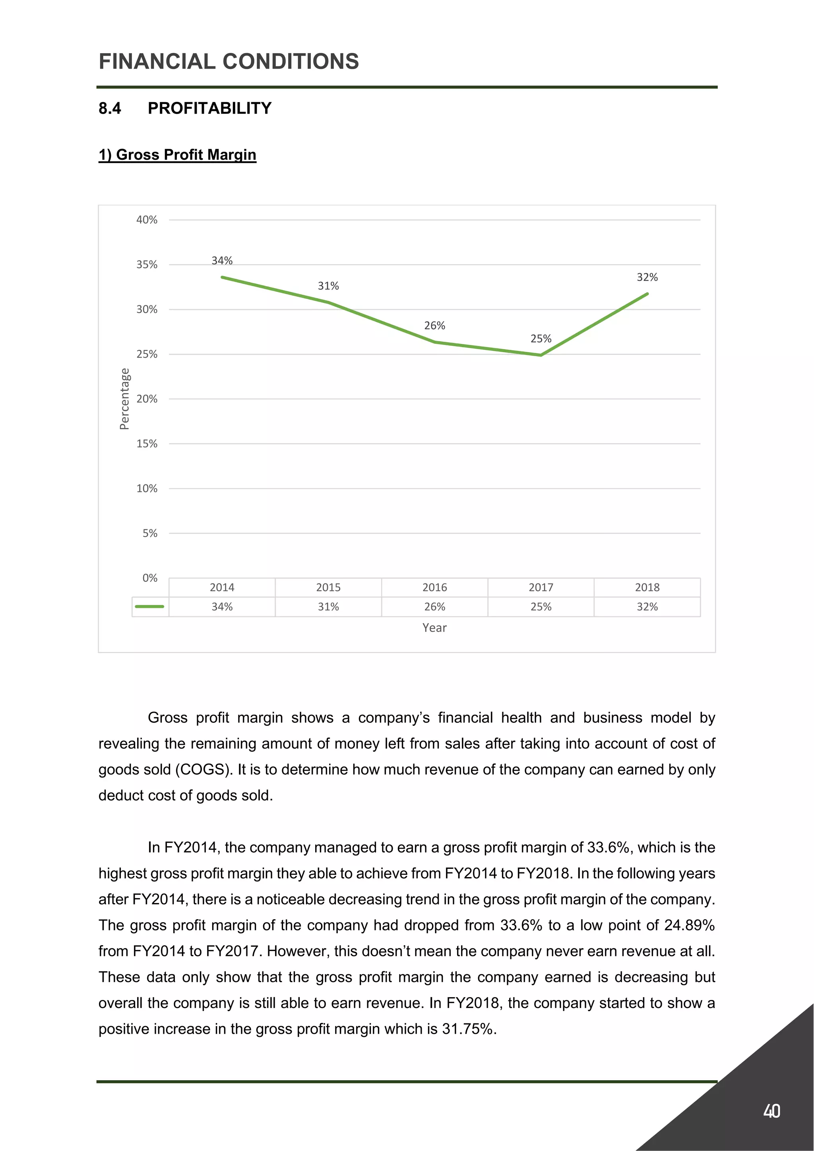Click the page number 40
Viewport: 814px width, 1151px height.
(771, 1111)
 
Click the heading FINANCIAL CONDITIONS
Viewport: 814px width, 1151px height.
(229, 62)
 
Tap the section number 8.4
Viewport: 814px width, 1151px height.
(110, 108)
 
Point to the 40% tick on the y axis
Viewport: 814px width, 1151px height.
(147, 219)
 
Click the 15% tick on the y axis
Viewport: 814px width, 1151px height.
(147, 444)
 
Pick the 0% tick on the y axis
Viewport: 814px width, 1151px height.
(150, 578)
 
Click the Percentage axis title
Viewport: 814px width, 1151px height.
(124, 399)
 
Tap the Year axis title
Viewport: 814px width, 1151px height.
(434, 628)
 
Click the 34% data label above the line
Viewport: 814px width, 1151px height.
(222, 261)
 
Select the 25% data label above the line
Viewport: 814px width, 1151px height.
(541, 339)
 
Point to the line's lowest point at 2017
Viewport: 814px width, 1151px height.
(541, 355)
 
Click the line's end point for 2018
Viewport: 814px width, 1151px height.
(647, 294)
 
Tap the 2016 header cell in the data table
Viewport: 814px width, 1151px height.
(434, 587)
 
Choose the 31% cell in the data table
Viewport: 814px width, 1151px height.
(328, 607)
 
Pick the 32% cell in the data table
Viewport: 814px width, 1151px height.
(647, 607)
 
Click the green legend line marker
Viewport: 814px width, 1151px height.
(150, 607)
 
